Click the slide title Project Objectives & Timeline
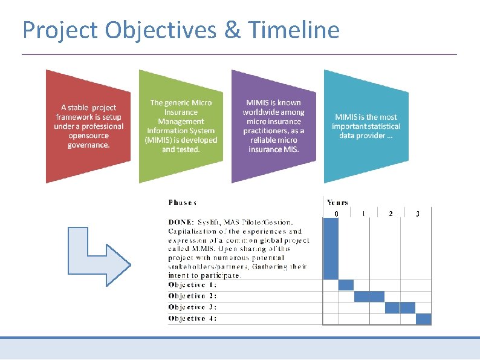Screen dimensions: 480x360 181,29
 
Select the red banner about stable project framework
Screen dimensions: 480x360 88,126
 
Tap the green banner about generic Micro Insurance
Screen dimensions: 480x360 181,126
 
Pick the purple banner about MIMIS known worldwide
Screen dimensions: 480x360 273,126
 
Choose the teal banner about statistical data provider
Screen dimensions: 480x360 366,126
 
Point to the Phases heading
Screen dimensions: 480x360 182,203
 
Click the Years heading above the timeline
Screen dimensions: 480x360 337,203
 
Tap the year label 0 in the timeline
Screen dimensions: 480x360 336,214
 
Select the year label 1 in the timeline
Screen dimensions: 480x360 363,214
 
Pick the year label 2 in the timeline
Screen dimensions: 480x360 391,214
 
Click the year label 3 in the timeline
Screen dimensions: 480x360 418,214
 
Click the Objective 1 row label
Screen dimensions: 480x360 192,285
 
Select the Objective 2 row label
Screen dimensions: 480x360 192,296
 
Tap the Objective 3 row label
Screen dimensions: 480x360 192,307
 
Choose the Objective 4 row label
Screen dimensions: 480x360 192,318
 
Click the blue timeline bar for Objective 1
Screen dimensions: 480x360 346,285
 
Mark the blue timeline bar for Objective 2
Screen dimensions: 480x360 369,296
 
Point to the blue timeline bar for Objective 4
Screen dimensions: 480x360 424,319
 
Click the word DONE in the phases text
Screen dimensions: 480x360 180,222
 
